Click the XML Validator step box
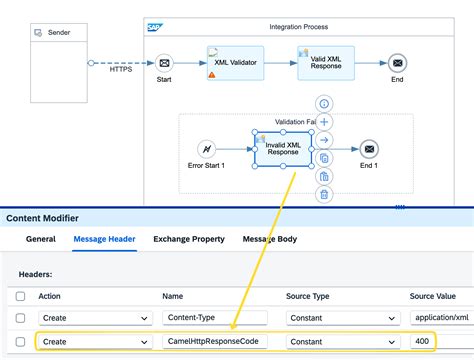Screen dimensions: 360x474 coord(236,63)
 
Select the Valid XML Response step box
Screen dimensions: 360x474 coord(324,63)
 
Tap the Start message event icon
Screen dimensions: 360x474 coord(164,62)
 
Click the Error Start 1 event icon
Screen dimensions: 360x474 coord(207,150)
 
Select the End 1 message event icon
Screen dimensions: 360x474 coord(370,149)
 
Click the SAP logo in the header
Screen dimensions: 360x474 coord(154,26)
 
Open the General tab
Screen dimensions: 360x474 coord(41,239)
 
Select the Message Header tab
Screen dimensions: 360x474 coord(106,239)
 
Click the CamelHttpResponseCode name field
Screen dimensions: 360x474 coord(215,342)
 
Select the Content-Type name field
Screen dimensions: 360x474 coord(215,318)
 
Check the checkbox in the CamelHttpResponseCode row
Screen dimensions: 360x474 coord(20,342)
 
